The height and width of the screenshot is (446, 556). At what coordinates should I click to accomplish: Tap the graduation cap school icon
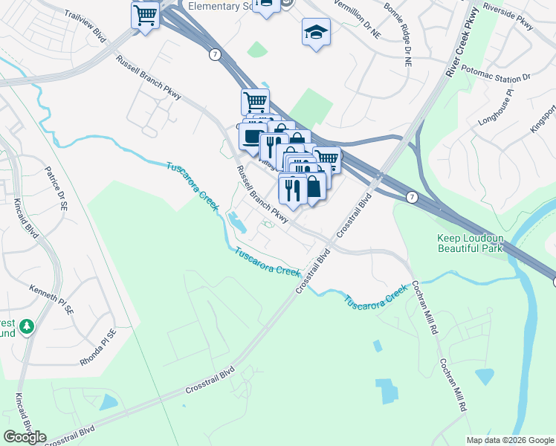(316, 33)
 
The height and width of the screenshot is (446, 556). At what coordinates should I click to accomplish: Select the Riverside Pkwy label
(508, 16)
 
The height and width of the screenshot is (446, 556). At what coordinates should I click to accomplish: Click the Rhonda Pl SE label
(98, 347)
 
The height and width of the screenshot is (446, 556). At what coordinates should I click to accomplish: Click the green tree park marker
(27, 326)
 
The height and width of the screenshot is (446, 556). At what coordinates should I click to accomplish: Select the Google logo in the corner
(25, 437)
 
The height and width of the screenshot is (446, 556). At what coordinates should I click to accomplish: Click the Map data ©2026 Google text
(510, 439)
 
